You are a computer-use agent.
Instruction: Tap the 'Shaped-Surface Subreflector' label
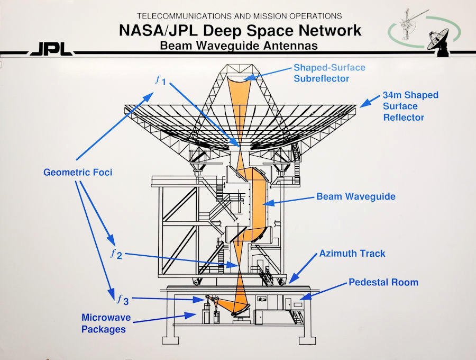tap(329, 73)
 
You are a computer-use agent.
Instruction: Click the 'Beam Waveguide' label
tap(355, 196)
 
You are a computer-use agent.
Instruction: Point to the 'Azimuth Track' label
tap(352, 254)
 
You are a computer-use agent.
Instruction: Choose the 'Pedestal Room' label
tap(383, 282)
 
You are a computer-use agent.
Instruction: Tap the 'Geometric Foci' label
tap(78, 172)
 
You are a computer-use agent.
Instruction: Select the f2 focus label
tap(116, 255)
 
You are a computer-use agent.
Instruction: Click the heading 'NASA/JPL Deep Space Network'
tap(240, 30)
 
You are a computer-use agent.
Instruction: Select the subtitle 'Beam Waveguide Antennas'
tap(239, 46)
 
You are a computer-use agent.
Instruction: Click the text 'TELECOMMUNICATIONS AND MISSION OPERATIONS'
tap(239, 16)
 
